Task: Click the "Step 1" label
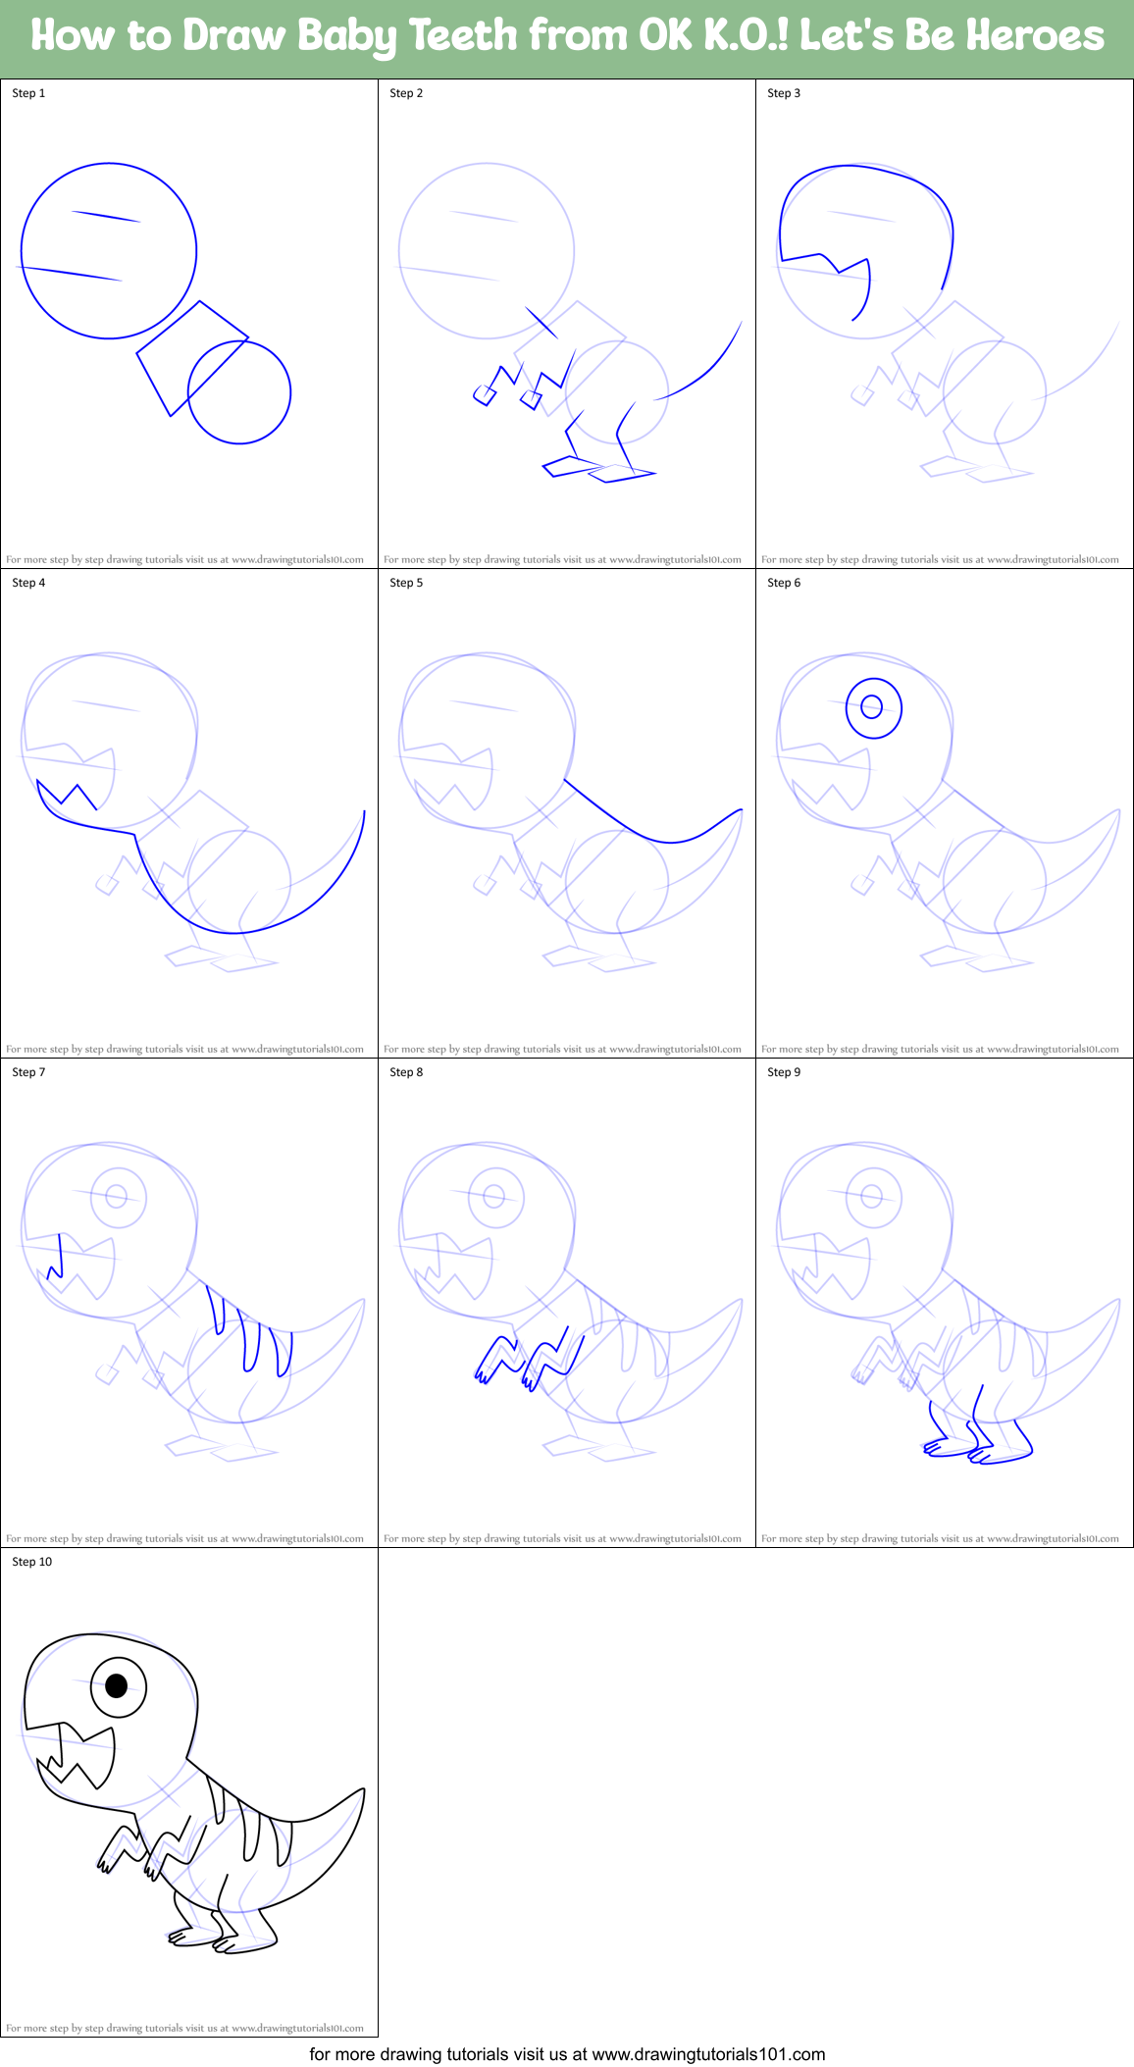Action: (x=28, y=93)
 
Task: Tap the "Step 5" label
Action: (x=406, y=583)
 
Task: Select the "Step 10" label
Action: (x=31, y=1562)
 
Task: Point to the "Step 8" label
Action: (x=406, y=1072)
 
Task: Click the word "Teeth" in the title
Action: (x=462, y=36)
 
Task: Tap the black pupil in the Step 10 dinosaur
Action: (x=117, y=1686)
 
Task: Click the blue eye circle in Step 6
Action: (x=872, y=706)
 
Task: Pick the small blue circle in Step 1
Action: (x=239, y=392)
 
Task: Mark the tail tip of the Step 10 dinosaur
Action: (x=363, y=1790)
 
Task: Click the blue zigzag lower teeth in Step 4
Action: (x=67, y=794)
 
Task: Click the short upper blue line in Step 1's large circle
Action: (x=106, y=217)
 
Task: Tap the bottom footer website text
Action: (x=567, y=2053)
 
